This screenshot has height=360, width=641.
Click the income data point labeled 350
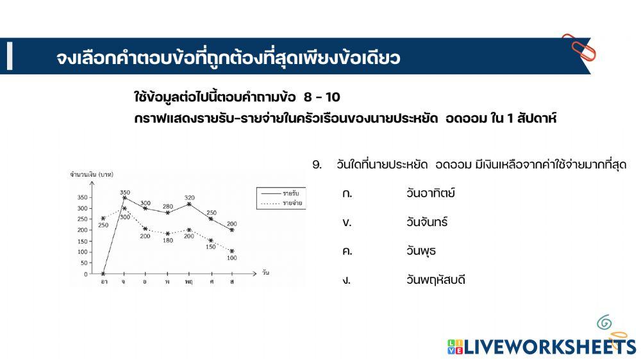[x=124, y=198]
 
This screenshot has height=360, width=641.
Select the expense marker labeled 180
[x=167, y=234]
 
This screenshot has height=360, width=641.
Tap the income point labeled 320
[x=188, y=204]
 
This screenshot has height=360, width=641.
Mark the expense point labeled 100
[x=231, y=251]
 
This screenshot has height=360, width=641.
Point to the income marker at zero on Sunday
[x=103, y=274]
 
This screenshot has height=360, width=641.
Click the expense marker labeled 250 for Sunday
[x=103, y=218]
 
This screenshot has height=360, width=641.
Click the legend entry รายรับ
[x=280, y=192]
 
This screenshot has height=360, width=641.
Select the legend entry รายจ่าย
[x=280, y=202]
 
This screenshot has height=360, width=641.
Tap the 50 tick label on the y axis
[x=83, y=263]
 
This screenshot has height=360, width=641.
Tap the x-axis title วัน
[x=265, y=274]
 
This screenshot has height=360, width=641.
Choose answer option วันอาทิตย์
[x=430, y=193]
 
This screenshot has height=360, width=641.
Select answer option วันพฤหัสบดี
[x=435, y=279]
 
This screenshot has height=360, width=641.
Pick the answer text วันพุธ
[x=420, y=250]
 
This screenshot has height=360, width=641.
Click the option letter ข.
[x=347, y=222]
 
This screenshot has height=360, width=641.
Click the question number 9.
[x=317, y=165]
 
